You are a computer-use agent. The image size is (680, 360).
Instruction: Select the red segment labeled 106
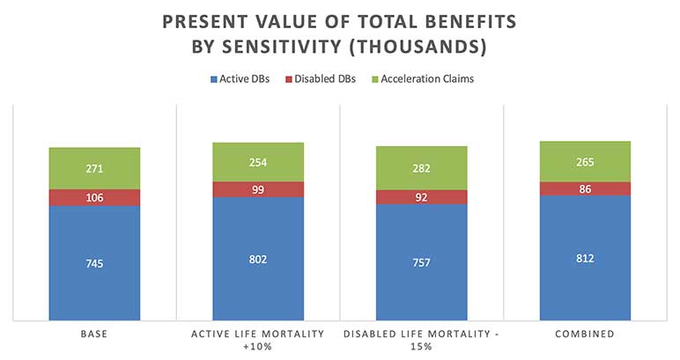click(x=94, y=197)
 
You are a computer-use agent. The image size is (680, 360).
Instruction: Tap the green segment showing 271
click(x=94, y=167)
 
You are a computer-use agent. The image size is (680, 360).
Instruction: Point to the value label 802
click(x=258, y=259)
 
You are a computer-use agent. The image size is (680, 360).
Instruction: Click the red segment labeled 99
click(x=258, y=189)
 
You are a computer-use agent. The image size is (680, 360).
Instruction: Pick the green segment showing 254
click(x=258, y=162)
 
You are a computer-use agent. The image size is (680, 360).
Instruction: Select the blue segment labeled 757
click(x=422, y=262)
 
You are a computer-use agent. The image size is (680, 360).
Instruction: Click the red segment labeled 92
click(x=422, y=197)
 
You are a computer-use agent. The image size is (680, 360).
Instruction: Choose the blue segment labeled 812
click(x=585, y=258)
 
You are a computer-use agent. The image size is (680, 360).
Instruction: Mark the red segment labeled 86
click(x=585, y=188)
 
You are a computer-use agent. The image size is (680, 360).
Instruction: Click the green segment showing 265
click(x=585, y=161)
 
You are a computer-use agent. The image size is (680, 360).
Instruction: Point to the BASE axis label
click(x=94, y=334)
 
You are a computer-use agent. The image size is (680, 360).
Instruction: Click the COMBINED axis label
click(x=585, y=334)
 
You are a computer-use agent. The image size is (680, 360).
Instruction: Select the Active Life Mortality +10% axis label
click(x=258, y=340)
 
